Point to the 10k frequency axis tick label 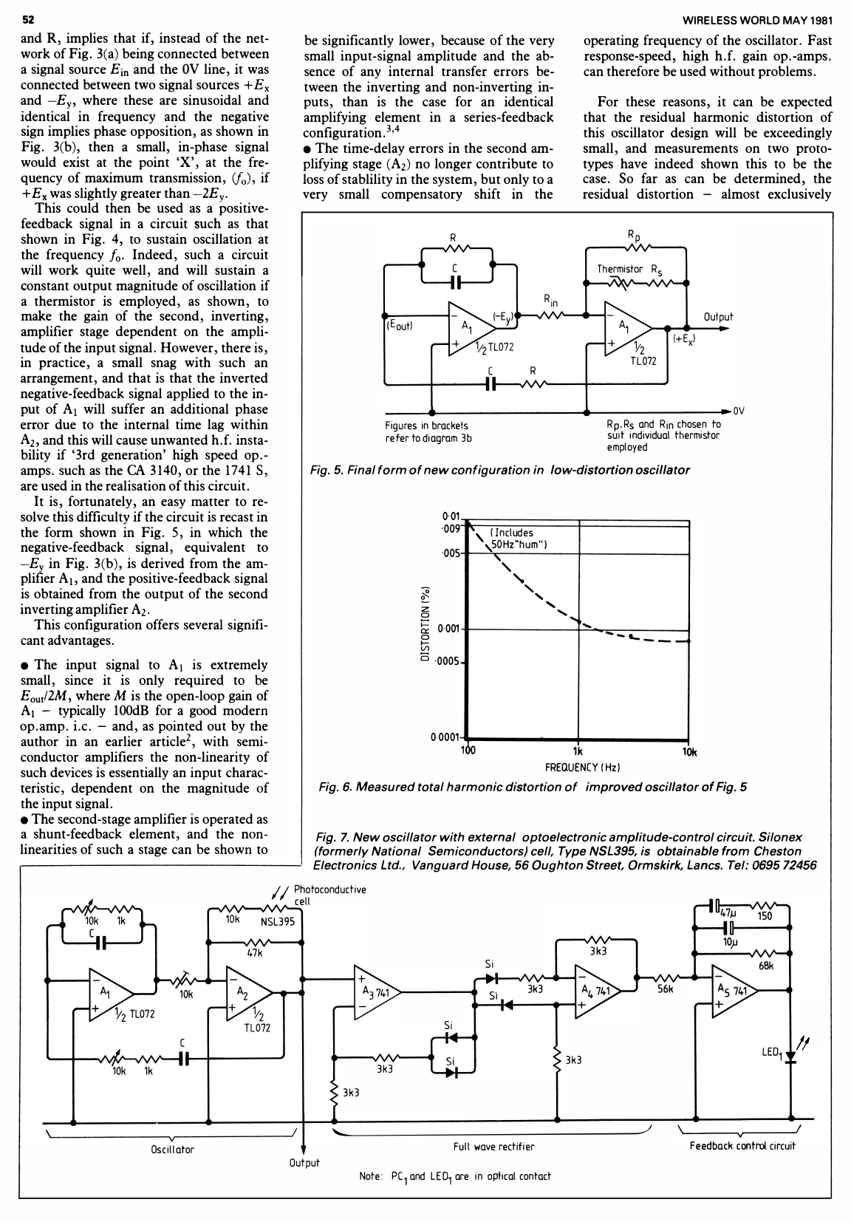(x=690, y=752)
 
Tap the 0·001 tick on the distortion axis (x=448, y=629)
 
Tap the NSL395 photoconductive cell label (x=278, y=921)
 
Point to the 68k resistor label (x=766, y=963)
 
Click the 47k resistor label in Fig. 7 (x=255, y=954)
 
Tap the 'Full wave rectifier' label (x=493, y=1147)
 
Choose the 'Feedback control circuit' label (x=742, y=1146)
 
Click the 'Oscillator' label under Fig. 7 (x=171, y=1150)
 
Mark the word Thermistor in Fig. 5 (x=620, y=269)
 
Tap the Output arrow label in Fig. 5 (x=718, y=317)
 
